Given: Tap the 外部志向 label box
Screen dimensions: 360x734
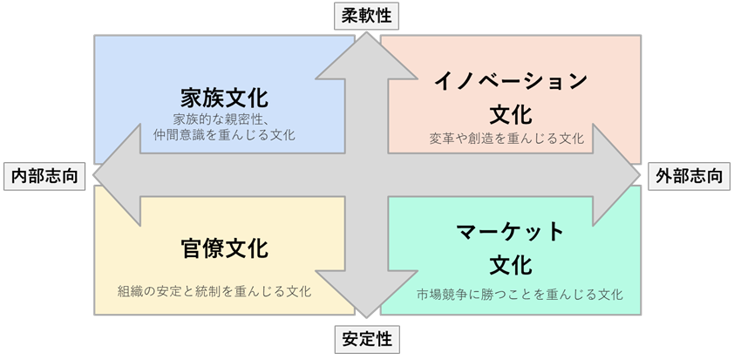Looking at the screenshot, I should (x=689, y=176).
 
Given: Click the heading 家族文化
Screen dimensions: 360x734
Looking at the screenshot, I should (x=224, y=96).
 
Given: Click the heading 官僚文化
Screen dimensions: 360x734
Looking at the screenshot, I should (x=224, y=249).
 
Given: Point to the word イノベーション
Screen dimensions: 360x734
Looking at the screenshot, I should (x=511, y=82).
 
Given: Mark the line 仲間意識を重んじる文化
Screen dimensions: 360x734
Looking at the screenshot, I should (x=224, y=135).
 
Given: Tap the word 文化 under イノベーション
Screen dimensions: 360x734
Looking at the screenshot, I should (x=511, y=113).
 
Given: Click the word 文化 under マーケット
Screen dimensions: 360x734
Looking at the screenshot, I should (x=511, y=263).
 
